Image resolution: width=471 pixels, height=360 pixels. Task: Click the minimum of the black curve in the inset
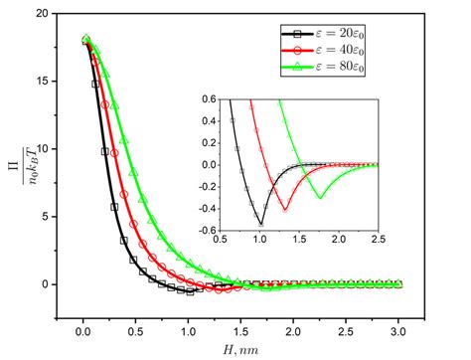click(260, 223)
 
